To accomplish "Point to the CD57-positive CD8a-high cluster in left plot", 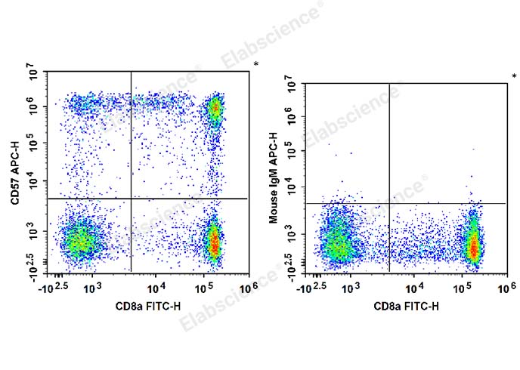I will pos(215,109).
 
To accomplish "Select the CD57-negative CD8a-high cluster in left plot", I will pos(214,241).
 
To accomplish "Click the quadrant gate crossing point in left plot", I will pos(131,199).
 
